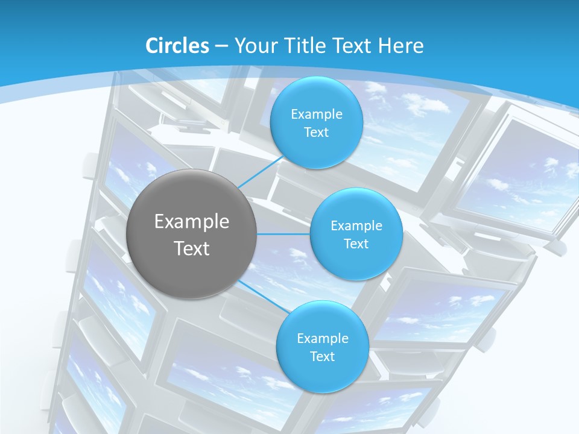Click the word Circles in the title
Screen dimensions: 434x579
point(177,46)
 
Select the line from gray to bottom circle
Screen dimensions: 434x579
point(261,296)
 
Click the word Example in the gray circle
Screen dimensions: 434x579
point(192,222)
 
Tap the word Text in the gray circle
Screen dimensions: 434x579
point(192,248)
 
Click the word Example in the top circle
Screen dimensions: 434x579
point(316,115)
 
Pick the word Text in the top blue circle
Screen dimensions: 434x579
point(316,133)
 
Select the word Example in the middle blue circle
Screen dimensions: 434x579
point(356,226)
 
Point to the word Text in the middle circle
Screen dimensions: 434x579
point(356,244)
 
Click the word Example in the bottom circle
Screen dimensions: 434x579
point(322,339)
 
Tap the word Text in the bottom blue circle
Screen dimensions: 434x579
point(322,357)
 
